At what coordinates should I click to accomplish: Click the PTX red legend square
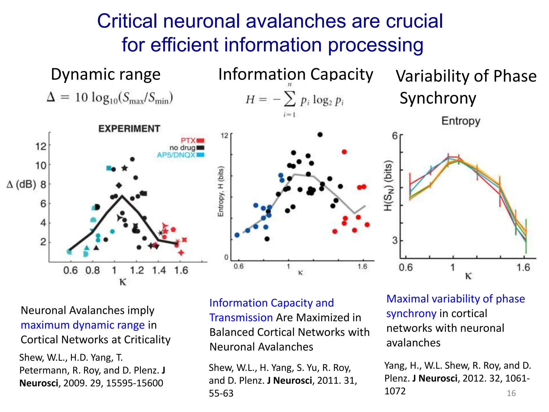pos(201,141)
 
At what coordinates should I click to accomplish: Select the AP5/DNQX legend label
pos(176,155)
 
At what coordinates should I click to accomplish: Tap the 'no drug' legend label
pos(182,148)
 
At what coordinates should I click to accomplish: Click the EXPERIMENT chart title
pos(129,129)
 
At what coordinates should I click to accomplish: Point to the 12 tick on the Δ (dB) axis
pos(41,146)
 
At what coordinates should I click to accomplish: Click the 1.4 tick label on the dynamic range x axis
pos(159,270)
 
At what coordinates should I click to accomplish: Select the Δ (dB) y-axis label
pos(21,185)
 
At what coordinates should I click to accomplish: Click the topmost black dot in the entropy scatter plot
pos(320,135)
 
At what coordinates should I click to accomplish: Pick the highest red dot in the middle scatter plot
pos(344,152)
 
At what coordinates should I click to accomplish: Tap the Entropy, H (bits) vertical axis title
pos(221,191)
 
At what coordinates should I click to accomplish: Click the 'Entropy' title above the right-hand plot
pos(461,121)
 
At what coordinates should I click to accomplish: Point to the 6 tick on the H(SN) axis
pos(395,136)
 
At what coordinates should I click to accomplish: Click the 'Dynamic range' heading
pos(106,74)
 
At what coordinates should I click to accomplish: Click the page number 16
pos(511,393)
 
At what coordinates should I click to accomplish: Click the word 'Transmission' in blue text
pos(241,318)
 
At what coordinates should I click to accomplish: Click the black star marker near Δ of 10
pos(125,168)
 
